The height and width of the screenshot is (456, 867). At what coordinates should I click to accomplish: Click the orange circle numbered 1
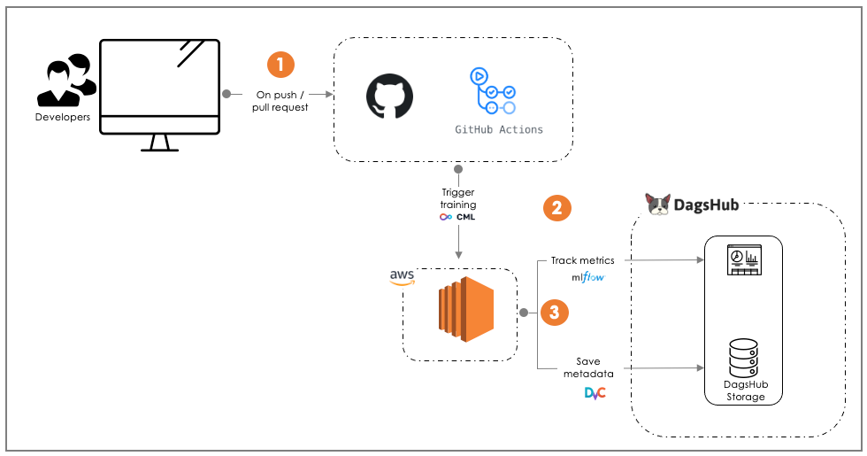280,65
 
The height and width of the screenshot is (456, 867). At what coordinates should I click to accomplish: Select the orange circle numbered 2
556,209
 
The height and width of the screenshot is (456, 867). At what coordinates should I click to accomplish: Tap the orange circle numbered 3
554,312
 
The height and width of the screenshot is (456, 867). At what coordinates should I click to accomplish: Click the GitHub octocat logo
390,96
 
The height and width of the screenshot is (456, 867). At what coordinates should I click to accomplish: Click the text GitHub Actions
499,129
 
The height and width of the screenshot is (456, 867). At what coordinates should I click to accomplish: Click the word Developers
63,117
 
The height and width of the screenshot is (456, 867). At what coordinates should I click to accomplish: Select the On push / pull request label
282,100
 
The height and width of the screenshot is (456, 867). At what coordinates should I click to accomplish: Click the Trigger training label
458,198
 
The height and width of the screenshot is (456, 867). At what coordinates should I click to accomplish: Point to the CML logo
457,217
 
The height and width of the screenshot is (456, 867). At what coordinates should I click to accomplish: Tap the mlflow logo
587,278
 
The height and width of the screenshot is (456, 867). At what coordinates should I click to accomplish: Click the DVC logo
595,392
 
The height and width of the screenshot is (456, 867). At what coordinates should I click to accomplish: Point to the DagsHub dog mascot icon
658,205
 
